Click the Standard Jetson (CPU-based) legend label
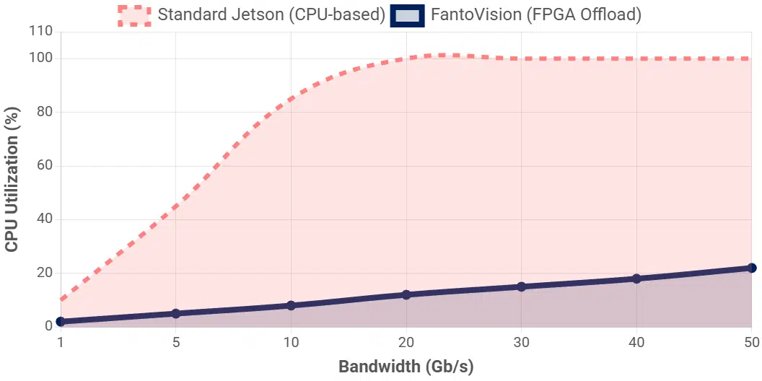(271, 14)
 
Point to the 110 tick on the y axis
(40, 32)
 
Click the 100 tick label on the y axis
(40, 58)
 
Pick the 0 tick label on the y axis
(48, 326)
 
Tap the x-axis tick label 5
(175, 341)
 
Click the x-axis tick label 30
(521, 341)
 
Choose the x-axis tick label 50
(751, 341)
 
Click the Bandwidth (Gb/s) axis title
(406, 367)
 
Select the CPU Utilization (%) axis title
(12, 179)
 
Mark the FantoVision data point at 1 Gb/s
(61, 321)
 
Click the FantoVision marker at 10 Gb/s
(291, 305)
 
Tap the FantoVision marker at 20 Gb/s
(406, 294)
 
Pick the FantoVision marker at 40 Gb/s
(636, 279)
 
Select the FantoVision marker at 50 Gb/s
(751, 268)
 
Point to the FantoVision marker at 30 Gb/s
(521, 286)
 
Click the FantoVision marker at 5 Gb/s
(175, 313)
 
